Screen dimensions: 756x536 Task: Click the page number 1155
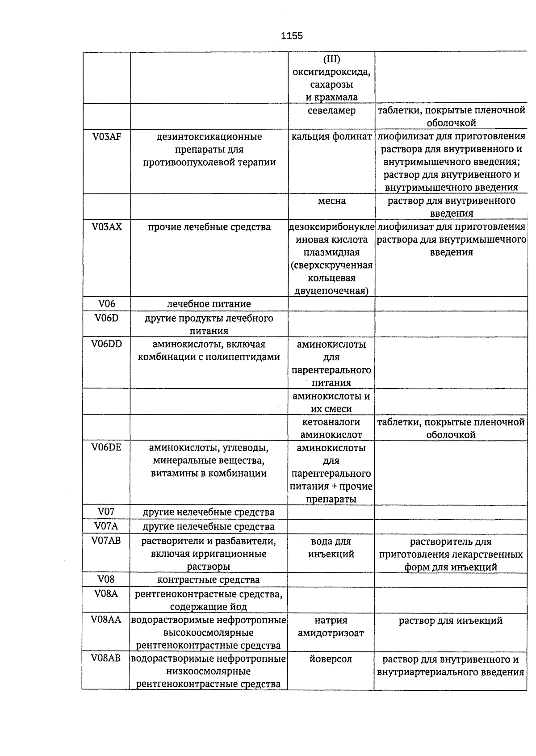[x=292, y=36]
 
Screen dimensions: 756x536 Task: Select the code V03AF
[x=106, y=137]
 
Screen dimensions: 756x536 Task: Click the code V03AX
[x=106, y=227]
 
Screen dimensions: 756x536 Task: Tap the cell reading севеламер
[x=331, y=110]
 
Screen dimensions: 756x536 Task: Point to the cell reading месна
[x=331, y=201]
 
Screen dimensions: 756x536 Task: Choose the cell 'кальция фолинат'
[x=331, y=137]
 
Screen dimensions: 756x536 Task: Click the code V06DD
[x=106, y=344]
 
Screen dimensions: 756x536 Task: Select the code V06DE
[x=106, y=447]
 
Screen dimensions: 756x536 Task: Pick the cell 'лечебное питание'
[x=209, y=304]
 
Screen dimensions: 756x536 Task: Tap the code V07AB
[x=106, y=541]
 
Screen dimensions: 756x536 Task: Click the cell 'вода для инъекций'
[x=331, y=548]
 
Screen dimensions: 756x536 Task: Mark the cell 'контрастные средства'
[x=209, y=580]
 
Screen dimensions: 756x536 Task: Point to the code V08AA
[x=106, y=620]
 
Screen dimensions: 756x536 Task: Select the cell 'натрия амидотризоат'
[x=331, y=626]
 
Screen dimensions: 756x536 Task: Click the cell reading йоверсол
[x=331, y=659]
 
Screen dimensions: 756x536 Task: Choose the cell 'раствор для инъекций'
[x=451, y=620]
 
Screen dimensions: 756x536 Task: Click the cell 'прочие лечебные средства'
[x=209, y=227]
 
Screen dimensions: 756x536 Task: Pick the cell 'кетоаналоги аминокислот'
[x=331, y=428]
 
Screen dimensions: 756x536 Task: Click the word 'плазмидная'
[x=331, y=252]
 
